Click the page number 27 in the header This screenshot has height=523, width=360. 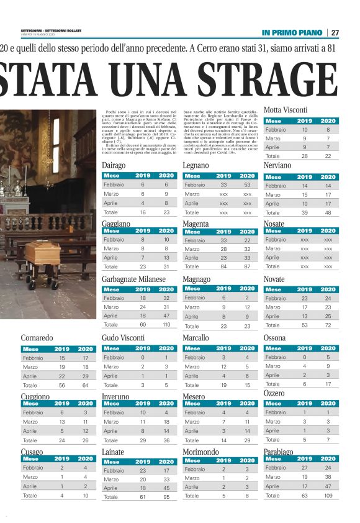(335, 32)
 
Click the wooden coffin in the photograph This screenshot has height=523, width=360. (43, 255)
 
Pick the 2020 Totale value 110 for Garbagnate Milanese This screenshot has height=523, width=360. (167, 325)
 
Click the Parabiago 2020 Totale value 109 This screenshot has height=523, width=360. (328, 496)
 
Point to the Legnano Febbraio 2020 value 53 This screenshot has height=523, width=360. (247, 185)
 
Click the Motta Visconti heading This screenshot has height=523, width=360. (285, 111)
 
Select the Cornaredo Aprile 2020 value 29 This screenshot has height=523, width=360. (86, 376)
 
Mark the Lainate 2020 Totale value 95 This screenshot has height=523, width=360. (167, 497)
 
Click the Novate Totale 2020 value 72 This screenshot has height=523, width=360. (328, 325)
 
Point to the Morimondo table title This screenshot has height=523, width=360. (202, 452)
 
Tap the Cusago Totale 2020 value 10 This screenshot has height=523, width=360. (86, 496)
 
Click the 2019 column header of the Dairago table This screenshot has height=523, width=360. (143, 176)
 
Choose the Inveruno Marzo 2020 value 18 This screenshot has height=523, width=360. (167, 421)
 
